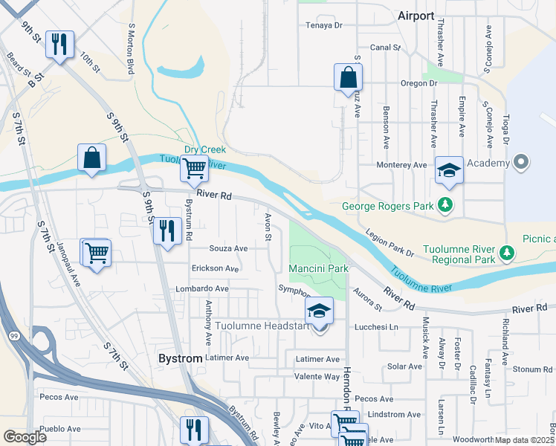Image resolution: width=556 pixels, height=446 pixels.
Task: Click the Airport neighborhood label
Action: pyautogui.click(x=416, y=16)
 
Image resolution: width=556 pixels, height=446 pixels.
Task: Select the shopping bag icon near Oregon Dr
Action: pyautogui.click(x=348, y=77)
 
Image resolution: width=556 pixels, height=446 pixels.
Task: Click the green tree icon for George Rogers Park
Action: pyautogui.click(x=446, y=204)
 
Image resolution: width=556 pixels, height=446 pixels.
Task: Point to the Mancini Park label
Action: pyautogui.click(x=318, y=268)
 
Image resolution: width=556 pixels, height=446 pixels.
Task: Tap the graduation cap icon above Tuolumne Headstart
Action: pyautogui.click(x=320, y=310)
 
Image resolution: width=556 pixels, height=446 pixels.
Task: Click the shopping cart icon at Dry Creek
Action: pyautogui.click(x=194, y=168)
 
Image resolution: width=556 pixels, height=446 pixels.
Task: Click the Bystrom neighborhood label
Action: pyautogui.click(x=181, y=358)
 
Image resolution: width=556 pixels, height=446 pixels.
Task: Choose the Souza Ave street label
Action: pyautogui.click(x=228, y=248)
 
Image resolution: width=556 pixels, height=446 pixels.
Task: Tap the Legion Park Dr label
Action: pyautogui.click(x=389, y=244)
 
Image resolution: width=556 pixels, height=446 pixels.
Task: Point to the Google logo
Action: pyautogui.click(x=25, y=436)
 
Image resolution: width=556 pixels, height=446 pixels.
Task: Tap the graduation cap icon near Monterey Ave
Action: pyautogui.click(x=449, y=170)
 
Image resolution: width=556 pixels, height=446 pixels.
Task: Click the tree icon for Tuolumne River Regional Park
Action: pyautogui.click(x=507, y=254)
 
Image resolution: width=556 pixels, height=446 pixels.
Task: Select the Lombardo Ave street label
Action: pyautogui.click(x=201, y=288)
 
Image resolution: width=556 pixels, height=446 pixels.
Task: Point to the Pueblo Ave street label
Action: pyautogui.click(x=60, y=429)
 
